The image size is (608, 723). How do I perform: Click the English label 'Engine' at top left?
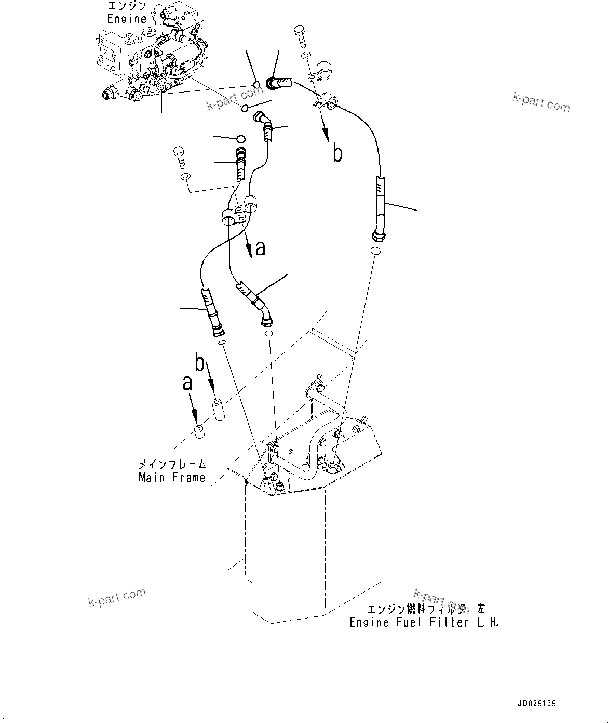[x=127, y=19]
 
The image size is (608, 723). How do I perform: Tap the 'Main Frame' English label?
[x=171, y=477]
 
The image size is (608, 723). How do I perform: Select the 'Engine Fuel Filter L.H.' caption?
[x=424, y=622]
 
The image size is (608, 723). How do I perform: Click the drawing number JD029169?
[x=536, y=703]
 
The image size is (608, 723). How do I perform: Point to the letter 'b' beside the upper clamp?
[x=337, y=154]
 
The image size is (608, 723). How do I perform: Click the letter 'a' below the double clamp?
[x=260, y=248]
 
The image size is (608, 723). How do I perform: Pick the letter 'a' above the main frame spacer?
[x=187, y=384]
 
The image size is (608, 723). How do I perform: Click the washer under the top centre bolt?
[x=305, y=56]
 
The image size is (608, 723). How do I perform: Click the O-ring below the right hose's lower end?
[x=376, y=252]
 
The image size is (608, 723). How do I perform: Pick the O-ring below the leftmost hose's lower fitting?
[x=221, y=344]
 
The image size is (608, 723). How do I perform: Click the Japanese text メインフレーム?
[x=172, y=464]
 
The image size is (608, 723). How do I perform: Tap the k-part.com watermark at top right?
[x=541, y=102]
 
